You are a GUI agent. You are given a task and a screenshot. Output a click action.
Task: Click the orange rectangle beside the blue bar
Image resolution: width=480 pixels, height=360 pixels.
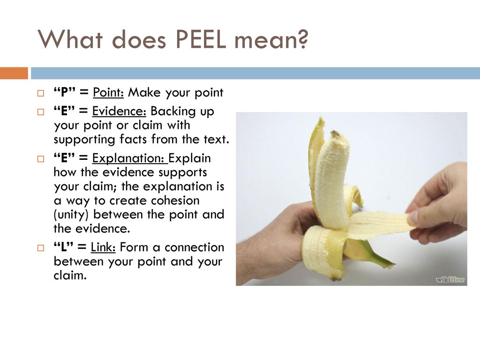(14, 73)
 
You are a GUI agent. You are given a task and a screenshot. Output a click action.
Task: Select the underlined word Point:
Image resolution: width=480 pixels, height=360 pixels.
(108, 92)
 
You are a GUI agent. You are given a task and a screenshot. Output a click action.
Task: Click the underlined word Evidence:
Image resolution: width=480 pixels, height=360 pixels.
(120, 111)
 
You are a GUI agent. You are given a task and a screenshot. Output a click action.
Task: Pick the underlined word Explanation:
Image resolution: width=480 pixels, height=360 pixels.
(130, 158)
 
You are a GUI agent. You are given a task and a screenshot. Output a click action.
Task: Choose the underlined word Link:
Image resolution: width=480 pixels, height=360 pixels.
(103, 247)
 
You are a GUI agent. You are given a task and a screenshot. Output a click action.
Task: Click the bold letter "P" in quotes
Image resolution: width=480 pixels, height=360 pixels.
(65, 92)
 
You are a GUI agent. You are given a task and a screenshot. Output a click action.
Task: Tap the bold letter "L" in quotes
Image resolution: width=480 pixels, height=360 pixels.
(64, 247)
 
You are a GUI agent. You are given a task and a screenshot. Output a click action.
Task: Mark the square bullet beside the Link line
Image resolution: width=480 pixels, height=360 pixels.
(41, 247)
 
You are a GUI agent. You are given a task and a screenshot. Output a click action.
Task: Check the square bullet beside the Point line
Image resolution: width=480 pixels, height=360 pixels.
(41, 93)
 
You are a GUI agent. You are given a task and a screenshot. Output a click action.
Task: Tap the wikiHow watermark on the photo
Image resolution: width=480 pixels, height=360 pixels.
(450, 279)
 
